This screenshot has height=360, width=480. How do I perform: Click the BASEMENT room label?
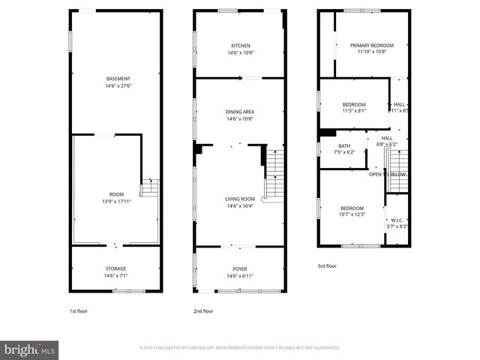pos(118,79)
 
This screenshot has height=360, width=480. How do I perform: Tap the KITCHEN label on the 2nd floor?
pos(240,46)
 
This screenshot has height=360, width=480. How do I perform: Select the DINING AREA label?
pos(240,112)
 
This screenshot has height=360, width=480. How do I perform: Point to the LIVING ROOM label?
pos(240,199)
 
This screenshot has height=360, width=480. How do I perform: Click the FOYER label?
pos(240,268)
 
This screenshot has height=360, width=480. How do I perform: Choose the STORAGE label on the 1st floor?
pos(115,268)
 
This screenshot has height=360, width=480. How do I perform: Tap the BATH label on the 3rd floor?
pos(344,146)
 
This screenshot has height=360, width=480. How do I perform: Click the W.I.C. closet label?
pos(397,220)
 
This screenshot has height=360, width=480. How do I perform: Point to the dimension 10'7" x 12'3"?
pos(353,214)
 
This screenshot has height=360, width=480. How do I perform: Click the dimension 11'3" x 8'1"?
pos(354,111)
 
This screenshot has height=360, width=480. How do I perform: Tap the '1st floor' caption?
pos(78,310)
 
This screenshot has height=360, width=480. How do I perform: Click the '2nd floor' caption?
pos(203,310)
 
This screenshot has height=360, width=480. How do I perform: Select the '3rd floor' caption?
pos(327,265)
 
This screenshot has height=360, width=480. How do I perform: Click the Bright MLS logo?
pos(31,349)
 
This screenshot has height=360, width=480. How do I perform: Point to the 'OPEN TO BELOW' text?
pos(387,174)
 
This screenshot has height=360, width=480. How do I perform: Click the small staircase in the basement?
pos(150,186)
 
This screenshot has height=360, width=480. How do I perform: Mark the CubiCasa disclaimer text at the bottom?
pos(240,348)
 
